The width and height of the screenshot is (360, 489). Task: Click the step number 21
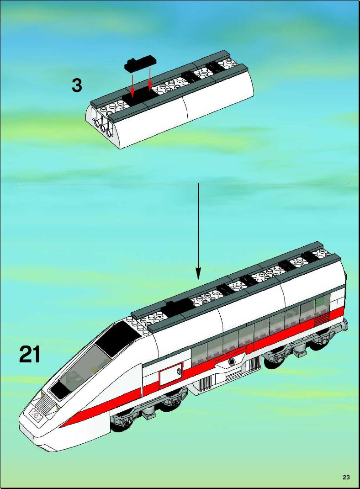tap(30, 354)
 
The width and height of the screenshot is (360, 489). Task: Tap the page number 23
tap(346, 477)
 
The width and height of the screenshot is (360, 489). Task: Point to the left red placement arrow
tap(132, 84)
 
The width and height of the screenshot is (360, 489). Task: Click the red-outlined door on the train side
tap(171, 373)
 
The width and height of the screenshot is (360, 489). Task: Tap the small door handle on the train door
tap(179, 371)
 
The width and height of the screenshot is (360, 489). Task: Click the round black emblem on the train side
tap(232, 362)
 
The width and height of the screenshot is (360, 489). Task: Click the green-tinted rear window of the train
tap(322, 303)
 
